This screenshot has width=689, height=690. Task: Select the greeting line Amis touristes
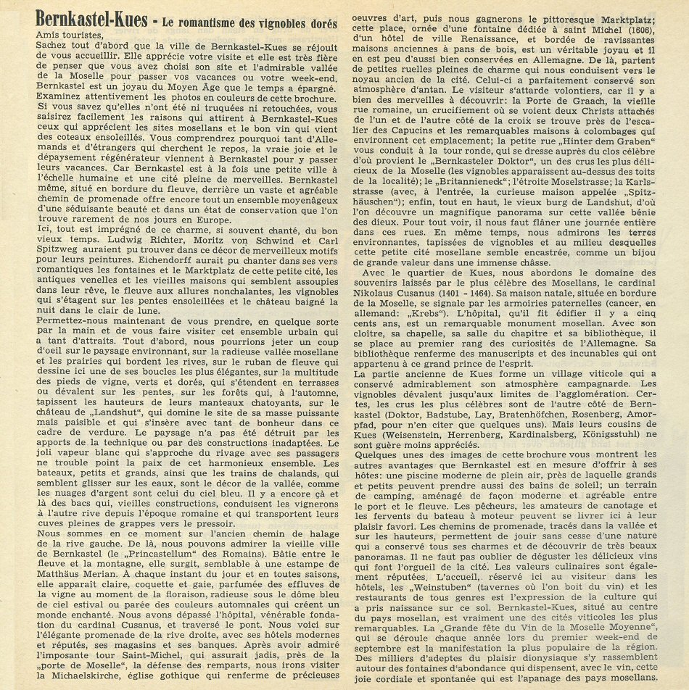pos(69,33)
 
